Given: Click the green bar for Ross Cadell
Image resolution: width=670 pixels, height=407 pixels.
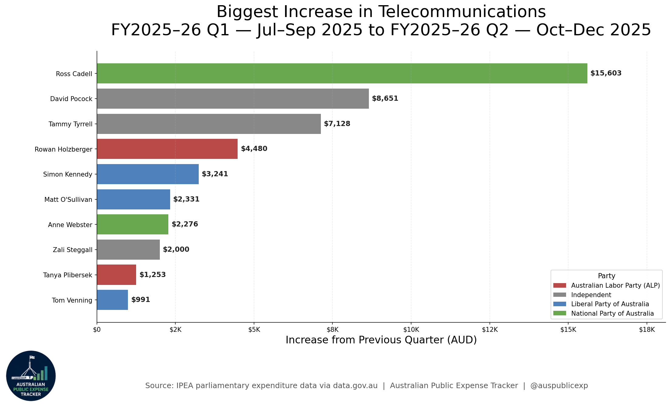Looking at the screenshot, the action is [x=342, y=73].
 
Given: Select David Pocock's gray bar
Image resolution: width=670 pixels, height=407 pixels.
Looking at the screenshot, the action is [x=233, y=99].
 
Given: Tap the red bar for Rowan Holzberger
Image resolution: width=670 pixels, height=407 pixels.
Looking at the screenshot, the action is [x=167, y=149].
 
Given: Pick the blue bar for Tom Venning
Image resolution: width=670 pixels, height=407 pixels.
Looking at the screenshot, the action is [x=112, y=300].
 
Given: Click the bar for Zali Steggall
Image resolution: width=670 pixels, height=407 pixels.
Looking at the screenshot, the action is [x=129, y=250].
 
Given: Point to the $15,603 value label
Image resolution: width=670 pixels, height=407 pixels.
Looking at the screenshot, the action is [x=606, y=73].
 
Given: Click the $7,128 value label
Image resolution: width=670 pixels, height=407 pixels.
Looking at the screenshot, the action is [x=337, y=124].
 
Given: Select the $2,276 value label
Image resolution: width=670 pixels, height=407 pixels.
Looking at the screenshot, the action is [x=185, y=224].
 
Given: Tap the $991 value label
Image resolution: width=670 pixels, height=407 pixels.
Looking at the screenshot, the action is [x=141, y=300].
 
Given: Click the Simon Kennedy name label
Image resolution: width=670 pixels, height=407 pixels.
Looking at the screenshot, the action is [x=68, y=174].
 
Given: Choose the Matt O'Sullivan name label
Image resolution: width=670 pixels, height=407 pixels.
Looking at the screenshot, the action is [x=68, y=200].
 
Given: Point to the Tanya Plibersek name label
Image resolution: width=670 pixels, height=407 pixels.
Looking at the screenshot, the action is [x=68, y=275].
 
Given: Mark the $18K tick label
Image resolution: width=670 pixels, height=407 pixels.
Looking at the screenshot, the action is [x=647, y=330].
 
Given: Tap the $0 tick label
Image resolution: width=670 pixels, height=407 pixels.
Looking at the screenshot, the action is [x=97, y=330].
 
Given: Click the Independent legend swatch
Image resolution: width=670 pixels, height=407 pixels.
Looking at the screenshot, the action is [x=560, y=295].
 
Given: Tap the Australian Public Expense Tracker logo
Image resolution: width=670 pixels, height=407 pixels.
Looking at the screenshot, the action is [x=31, y=376].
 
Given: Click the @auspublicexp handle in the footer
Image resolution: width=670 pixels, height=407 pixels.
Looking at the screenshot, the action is [x=559, y=386].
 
